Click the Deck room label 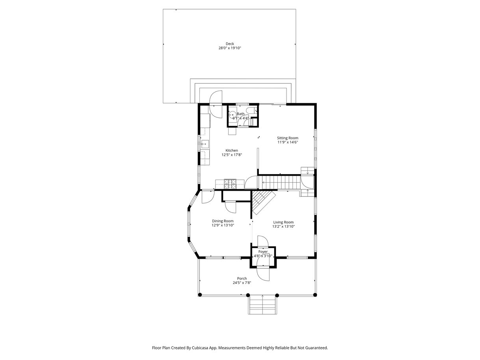pos(230,44)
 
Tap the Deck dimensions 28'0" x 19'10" pos(230,48)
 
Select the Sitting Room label pos(287,138)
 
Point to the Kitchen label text pos(232,150)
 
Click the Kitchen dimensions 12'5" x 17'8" pos(232,155)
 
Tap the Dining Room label pos(223,221)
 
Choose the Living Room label pos(283,222)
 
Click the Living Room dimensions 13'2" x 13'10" pos(283,226)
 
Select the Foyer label pos(263,252)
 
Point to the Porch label pos(242,278)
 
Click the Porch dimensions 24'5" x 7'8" pos(242,283)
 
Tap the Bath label pos(240,114)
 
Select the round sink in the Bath pos(232,115)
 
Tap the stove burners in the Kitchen pos(230,184)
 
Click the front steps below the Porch pos(262,304)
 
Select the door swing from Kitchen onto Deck pos(216,104)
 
